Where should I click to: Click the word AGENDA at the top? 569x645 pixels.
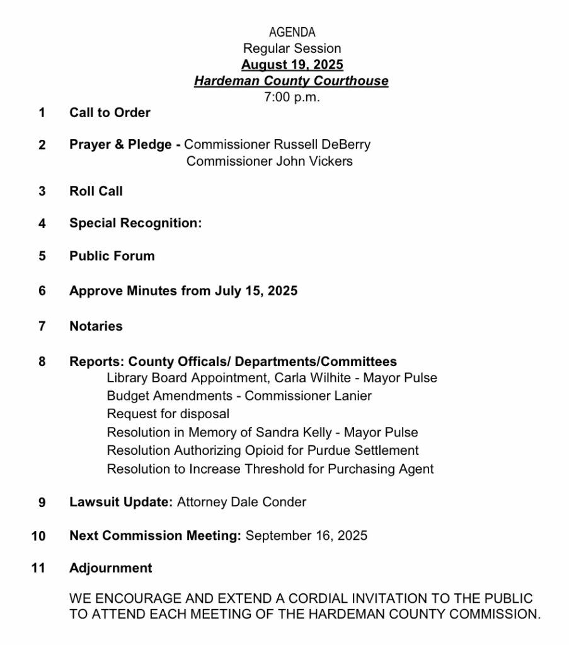tap(292, 32)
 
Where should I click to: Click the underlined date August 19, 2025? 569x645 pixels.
tap(292, 65)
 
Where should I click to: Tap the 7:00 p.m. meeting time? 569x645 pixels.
tap(292, 97)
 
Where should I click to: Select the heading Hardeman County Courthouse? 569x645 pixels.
tap(291, 81)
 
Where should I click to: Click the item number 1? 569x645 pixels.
tap(42, 113)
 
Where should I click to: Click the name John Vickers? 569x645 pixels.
tap(315, 161)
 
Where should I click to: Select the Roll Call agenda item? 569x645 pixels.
tap(96, 191)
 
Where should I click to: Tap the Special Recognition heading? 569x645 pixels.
tap(135, 223)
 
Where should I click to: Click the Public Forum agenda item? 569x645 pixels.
tap(112, 256)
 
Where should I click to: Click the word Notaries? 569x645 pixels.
tap(96, 326)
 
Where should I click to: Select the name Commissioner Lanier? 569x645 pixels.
tap(308, 396)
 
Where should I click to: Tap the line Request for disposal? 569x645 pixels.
tap(168, 414)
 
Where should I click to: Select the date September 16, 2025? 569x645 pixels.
tap(306, 536)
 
